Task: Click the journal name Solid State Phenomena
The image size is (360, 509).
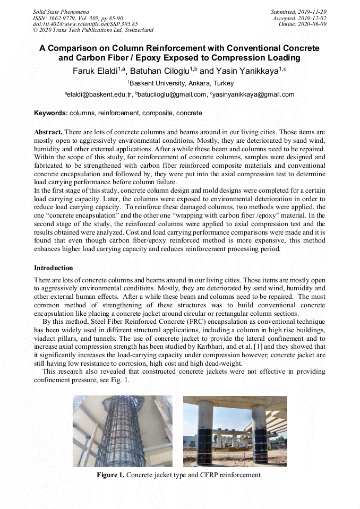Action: (61, 11)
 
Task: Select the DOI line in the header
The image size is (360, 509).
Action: (85, 24)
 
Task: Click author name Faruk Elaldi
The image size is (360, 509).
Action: (98, 71)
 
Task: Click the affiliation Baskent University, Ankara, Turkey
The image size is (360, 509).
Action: (180, 83)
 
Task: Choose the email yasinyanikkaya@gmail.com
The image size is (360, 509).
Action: (252, 94)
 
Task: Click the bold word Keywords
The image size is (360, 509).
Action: (50, 113)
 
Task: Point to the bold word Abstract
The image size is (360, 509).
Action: (48, 132)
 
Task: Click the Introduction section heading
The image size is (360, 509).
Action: (54, 268)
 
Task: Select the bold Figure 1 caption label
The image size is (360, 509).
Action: (110, 475)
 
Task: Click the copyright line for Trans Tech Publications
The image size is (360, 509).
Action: (93, 30)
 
